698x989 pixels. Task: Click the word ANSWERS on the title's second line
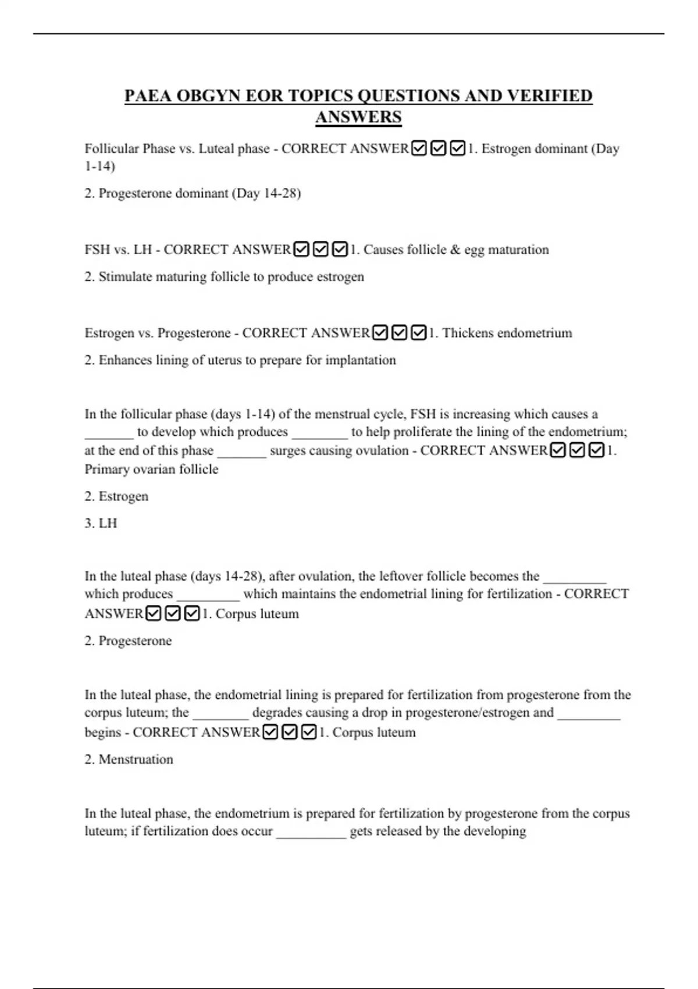click(358, 117)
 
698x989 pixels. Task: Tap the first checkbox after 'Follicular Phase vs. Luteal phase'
click(419, 149)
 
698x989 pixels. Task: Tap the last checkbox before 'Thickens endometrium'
click(419, 333)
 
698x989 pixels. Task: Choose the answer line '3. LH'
click(101, 523)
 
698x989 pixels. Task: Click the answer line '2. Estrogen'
click(116, 496)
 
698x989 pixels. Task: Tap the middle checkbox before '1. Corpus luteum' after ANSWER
click(173, 614)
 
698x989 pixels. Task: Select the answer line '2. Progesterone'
click(128, 641)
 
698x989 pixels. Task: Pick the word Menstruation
click(136, 759)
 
